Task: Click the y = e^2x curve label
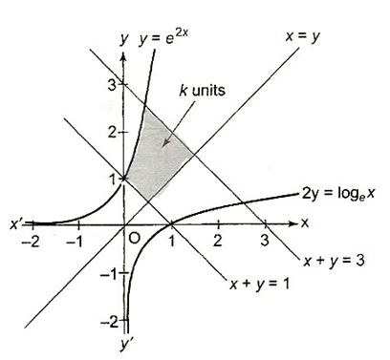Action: [163, 39]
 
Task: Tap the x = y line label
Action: [302, 37]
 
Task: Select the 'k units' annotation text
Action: [202, 90]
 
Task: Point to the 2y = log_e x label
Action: [337, 194]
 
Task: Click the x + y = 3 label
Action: [334, 261]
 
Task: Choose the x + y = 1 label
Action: [259, 284]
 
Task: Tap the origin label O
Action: [135, 239]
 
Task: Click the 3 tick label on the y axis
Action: [111, 85]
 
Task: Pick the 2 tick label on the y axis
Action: [112, 133]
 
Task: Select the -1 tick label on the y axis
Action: [108, 274]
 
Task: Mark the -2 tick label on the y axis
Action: [109, 323]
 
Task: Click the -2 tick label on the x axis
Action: [31, 242]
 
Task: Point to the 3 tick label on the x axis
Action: [265, 241]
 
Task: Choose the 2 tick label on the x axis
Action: [218, 241]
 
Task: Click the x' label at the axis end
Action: [15, 224]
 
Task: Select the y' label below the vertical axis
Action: [126, 345]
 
